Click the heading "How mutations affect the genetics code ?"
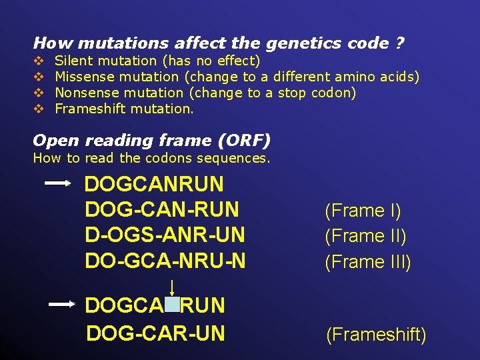(x=219, y=43)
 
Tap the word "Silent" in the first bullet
(x=75, y=61)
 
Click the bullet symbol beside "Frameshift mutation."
(x=39, y=109)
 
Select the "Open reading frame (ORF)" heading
(x=151, y=140)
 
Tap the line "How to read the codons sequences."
(x=151, y=158)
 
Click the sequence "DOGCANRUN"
(x=154, y=184)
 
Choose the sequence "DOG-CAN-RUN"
(x=162, y=209)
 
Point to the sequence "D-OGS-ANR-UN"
(x=165, y=235)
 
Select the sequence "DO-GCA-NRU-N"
(x=165, y=260)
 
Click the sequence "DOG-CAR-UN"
(x=156, y=332)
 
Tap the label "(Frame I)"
(x=363, y=211)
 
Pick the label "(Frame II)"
(x=365, y=236)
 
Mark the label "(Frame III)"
(x=368, y=262)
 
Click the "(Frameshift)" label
(x=376, y=334)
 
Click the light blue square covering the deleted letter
(x=172, y=305)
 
